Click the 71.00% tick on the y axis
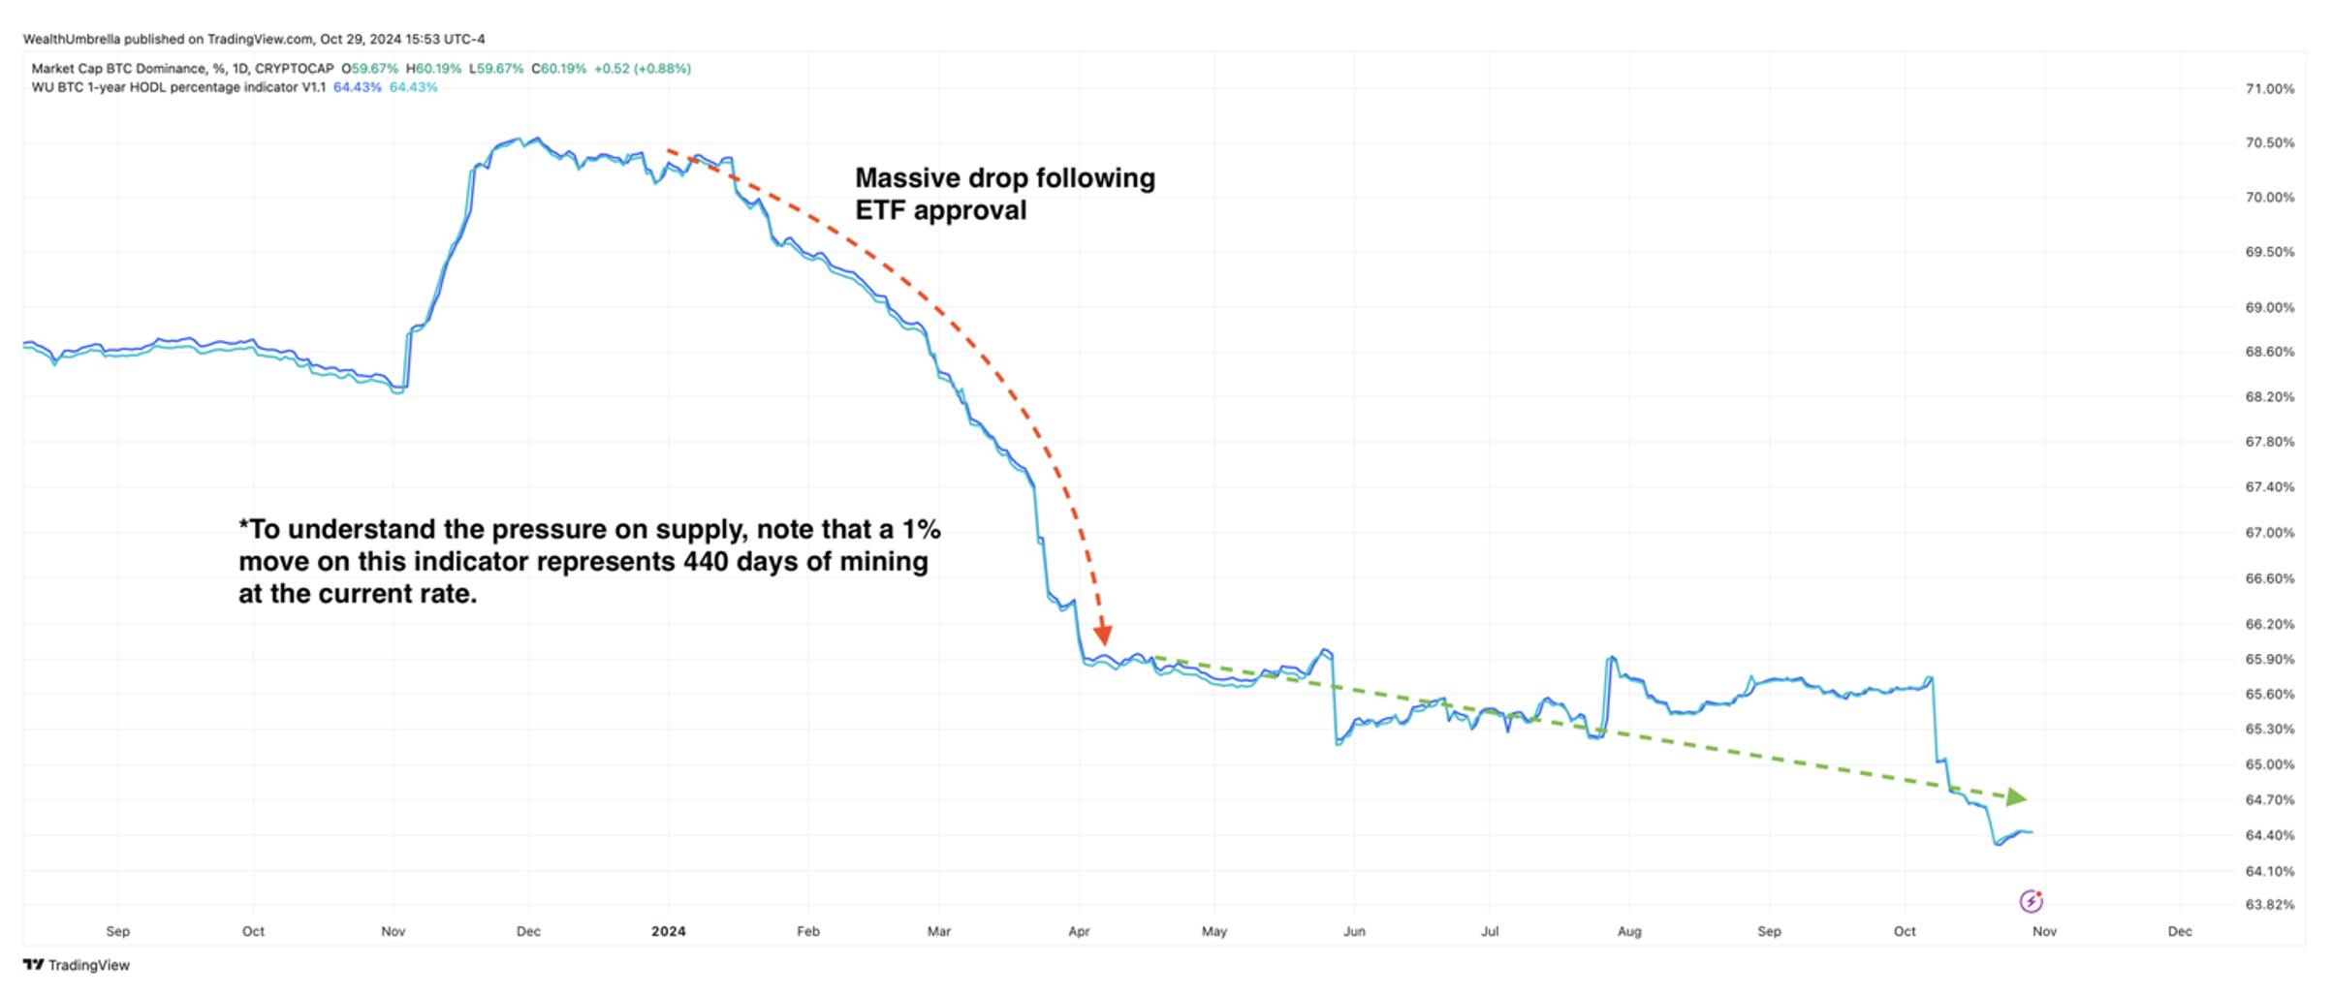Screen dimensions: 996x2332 [x=2269, y=89]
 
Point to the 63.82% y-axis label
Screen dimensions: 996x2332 [x=2269, y=905]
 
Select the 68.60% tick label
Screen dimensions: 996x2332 [x=2269, y=352]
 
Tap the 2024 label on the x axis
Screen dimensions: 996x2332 [x=668, y=931]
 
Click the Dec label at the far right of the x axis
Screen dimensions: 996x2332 [x=2180, y=931]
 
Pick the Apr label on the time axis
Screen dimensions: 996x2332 [x=1079, y=931]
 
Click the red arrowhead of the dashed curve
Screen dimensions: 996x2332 [x=1102, y=636]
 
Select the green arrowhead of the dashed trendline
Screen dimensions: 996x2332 [x=2016, y=797]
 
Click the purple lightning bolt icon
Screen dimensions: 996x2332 [x=2031, y=902]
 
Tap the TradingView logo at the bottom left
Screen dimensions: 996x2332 [x=76, y=965]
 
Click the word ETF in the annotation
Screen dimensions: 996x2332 [x=880, y=210]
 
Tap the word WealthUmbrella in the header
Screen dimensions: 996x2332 [x=72, y=40]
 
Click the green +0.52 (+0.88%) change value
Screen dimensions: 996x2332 [x=642, y=69]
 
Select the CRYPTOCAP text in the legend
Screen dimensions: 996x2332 [x=294, y=69]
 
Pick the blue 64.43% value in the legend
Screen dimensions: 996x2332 [x=357, y=87]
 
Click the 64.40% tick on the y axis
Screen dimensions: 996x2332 [x=2269, y=835]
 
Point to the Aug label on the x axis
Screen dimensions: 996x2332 [x=1629, y=931]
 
